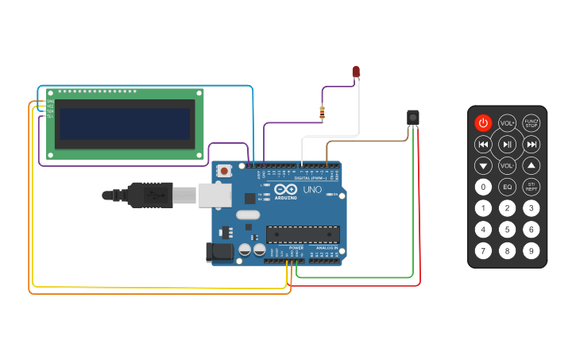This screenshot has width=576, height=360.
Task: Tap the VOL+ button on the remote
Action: [507, 122]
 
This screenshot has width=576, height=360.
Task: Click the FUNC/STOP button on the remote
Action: [532, 122]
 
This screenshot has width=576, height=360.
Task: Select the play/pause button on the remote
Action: [507, 144]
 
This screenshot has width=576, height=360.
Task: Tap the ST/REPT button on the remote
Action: [532, 187]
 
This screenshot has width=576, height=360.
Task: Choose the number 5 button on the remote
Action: [507, 230]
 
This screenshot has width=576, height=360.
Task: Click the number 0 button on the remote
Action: [483, 187]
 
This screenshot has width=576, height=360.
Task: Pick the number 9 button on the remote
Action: [532, 251]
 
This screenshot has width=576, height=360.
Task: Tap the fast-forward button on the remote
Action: [532, 144]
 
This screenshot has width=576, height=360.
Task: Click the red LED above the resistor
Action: [356, 72]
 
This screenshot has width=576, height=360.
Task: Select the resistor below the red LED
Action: [322, 113]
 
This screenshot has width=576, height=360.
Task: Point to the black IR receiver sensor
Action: [412, 118]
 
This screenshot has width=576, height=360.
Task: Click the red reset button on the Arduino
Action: [225, 171]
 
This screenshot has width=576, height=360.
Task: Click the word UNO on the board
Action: [312, 191]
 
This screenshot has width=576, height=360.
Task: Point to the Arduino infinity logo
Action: [285, 189]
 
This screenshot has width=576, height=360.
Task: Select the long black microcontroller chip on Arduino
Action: [303, 234]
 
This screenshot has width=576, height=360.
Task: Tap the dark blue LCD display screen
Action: [126, 123]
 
